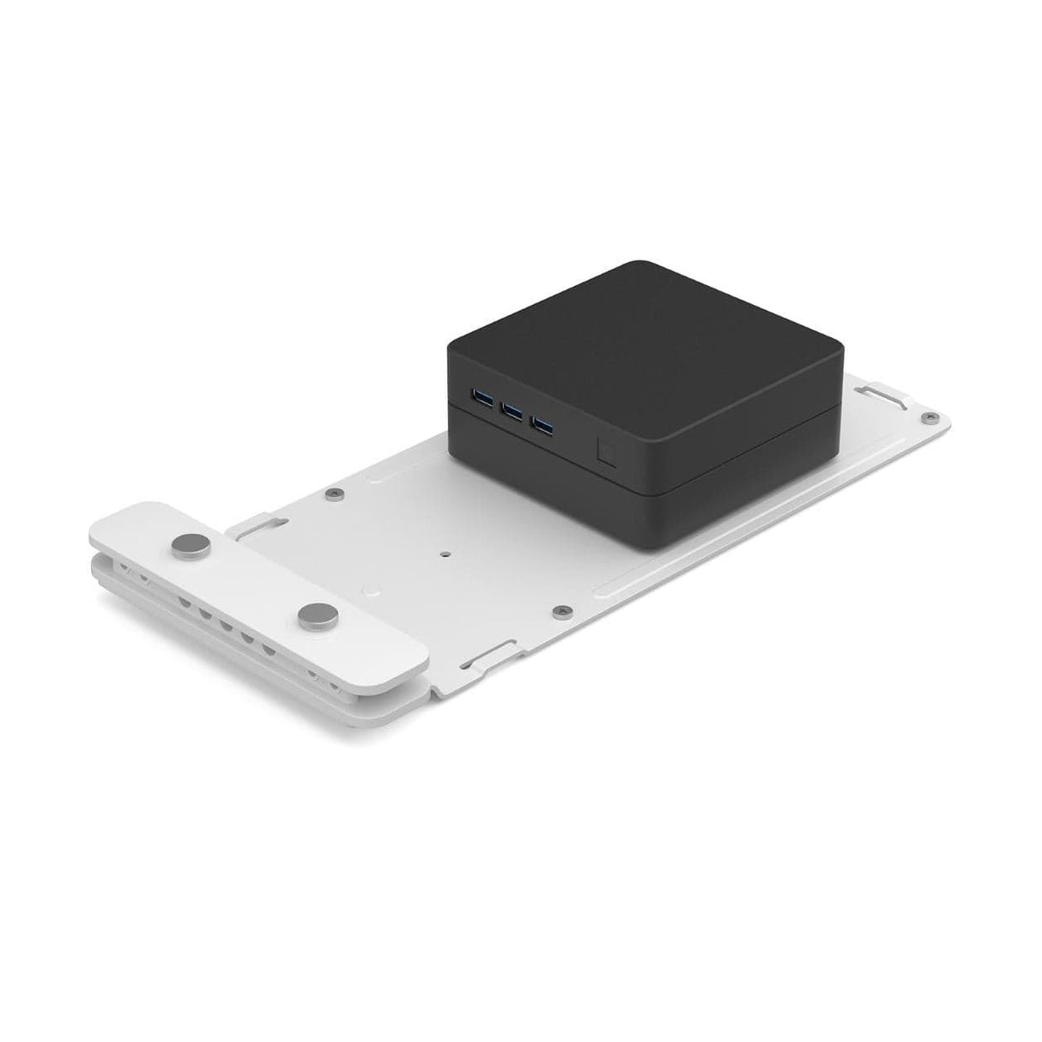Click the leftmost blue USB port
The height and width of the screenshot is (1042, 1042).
[480, 397]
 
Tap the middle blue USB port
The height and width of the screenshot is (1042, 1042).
[512, 411]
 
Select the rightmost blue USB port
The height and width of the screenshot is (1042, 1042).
[542, 423]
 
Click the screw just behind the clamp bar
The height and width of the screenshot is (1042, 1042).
[337, 494]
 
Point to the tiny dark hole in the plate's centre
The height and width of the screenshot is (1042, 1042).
[445, 554]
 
